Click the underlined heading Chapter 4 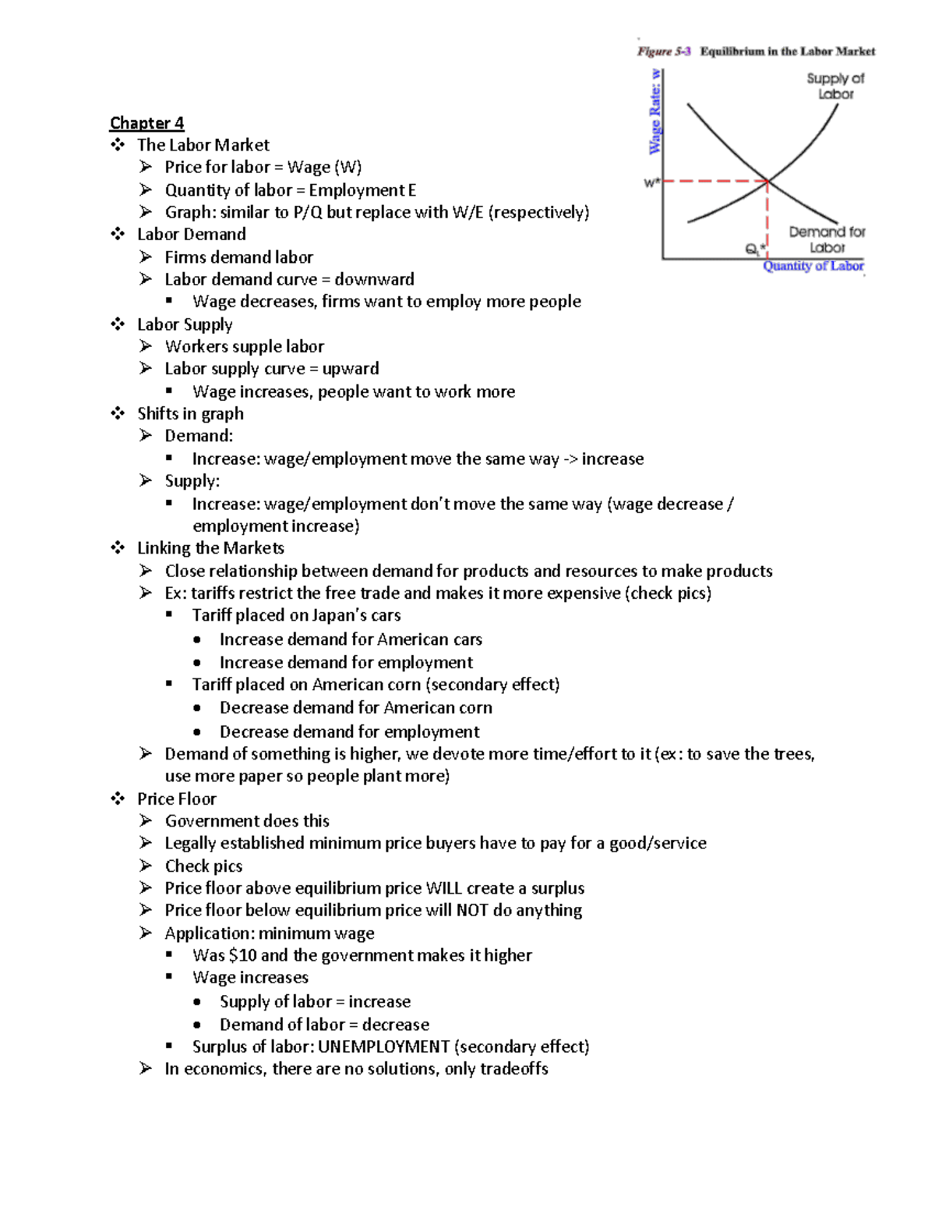coord(146,123)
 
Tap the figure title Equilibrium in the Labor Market coord(787,51)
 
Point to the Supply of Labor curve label coord(835,86)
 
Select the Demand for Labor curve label coord(827,239)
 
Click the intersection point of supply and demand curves coord(767,181)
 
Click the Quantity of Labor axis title coord(813,266)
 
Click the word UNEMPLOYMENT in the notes coord(383,1046)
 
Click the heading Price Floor coord(177,798)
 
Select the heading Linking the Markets coord(210,548)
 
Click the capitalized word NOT coord(472,910)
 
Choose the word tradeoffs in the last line coord(513,1068)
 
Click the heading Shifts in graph coord(190,413)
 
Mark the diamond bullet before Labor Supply coord(118,324)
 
